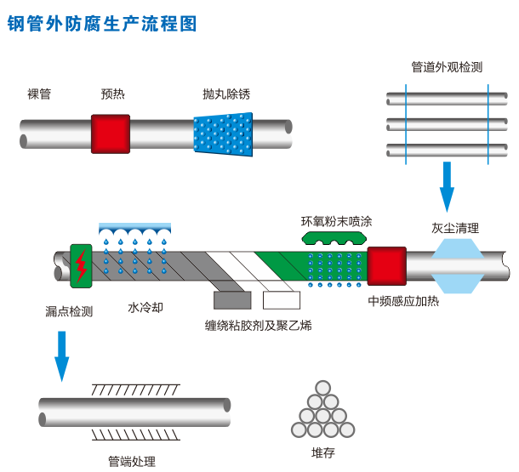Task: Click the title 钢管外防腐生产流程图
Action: click(x=102, y=22)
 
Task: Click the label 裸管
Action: click(x=39, y=94)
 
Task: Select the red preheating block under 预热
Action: click(x=111, y=134)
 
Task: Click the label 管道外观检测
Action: click(x=447, y=66)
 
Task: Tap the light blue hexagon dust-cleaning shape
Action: click(x=458, y=264)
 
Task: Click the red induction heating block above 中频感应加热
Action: click(x=386, y=264)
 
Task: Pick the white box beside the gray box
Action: click(x=281, y=299)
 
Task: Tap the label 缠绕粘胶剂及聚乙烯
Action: click(x=259, y=325)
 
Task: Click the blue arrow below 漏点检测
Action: click(x=61, y=355)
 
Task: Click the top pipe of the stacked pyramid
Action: click(x=321, y=388)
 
